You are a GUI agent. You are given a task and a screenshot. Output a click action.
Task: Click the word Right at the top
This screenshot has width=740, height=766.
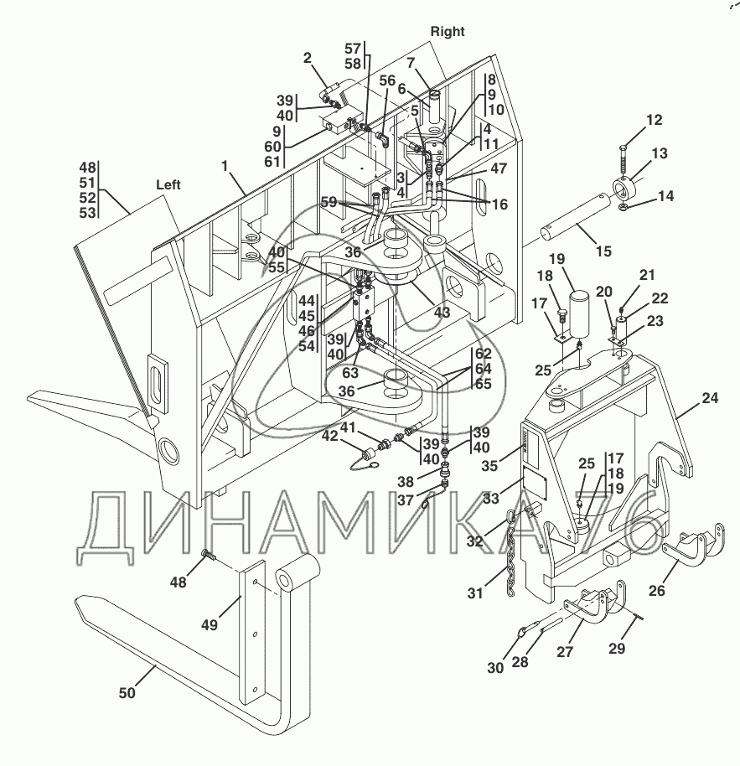[x=448, y=31]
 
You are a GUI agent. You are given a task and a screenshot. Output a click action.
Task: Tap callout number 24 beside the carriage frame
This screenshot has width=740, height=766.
[x=710, y=400]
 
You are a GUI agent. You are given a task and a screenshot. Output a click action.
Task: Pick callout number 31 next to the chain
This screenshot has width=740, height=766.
[x=475, y=593]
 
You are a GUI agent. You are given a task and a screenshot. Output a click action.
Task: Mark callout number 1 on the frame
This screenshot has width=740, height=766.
[x=225, y=166]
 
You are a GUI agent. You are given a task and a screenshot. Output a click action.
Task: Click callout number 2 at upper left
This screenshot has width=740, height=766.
[x=308, y=58]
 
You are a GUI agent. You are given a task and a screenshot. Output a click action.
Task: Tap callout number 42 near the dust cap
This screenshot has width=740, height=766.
[x=331, y=436]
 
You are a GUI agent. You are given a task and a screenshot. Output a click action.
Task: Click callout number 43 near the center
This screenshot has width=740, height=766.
[x=442, y=313]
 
